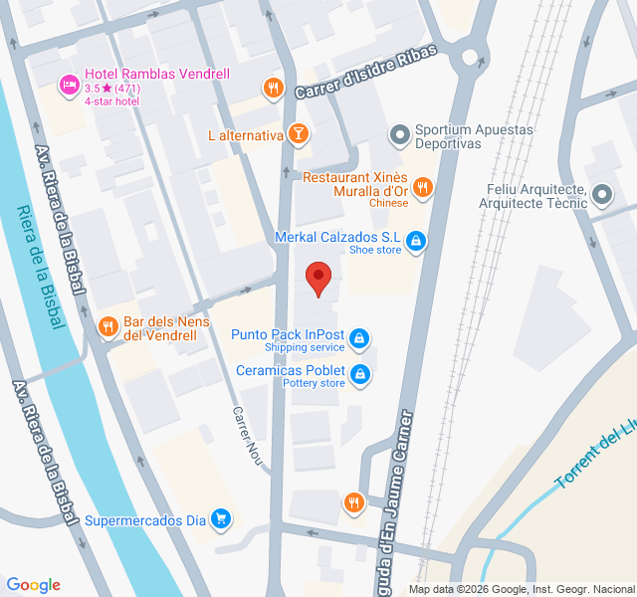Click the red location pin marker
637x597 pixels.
tap(318, 278)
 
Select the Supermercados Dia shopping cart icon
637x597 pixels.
tap(221, 518)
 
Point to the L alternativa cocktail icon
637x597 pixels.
tap(298, 134)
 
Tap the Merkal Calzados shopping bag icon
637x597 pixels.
tap(415, 240)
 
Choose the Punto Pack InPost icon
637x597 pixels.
tap(359, 339)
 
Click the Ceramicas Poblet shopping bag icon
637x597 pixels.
tap(360, 374)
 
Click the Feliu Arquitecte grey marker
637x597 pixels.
tap(602, 195)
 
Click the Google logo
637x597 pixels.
tap(34, 585)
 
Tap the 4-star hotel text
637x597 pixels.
tap(112, 100)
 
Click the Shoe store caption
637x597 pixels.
tap(375, 250)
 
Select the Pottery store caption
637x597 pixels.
tap(314, 383)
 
